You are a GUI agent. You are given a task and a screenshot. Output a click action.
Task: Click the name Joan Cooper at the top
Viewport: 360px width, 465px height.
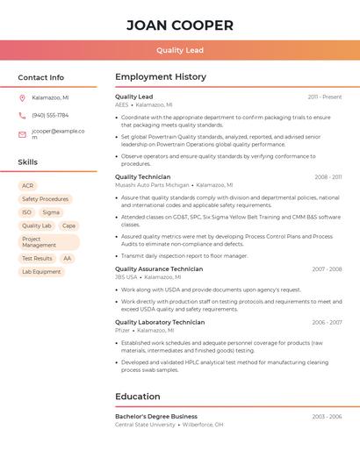coord(180,25)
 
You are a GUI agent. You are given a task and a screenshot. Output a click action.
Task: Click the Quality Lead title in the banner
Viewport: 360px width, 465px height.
coord(180,50)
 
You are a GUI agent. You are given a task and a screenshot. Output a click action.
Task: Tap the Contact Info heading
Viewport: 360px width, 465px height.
coord(41,77)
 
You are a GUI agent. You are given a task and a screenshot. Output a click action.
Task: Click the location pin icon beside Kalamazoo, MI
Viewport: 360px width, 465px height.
coord(22,97)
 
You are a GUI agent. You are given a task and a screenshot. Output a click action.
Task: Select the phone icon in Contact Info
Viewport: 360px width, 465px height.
coord(22,115)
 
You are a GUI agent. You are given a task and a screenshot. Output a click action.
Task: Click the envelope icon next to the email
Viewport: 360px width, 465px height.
coord(22,134)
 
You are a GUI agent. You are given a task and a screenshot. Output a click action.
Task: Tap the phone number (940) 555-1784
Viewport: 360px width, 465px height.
coord(50,115)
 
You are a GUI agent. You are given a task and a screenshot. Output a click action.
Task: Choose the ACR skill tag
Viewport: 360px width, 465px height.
coord(28,186)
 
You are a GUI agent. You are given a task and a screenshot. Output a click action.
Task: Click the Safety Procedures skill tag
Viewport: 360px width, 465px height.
coord(45,199)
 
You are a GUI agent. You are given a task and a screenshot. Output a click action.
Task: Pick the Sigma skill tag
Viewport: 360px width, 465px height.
coord(51,212)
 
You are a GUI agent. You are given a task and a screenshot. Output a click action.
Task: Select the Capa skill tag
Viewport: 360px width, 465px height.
coord(68,225)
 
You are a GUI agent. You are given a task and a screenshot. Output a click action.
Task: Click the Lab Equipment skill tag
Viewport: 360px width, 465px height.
coord(41,272)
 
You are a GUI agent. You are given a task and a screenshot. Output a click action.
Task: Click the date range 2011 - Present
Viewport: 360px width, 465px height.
coord(325,97)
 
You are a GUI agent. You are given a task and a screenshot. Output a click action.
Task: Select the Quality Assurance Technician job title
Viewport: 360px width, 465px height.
coord(159,269)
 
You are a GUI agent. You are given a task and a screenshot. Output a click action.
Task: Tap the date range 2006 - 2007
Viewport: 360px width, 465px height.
coord(327,322)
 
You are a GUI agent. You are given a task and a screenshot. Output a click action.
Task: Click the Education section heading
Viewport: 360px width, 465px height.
coord(138,397)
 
